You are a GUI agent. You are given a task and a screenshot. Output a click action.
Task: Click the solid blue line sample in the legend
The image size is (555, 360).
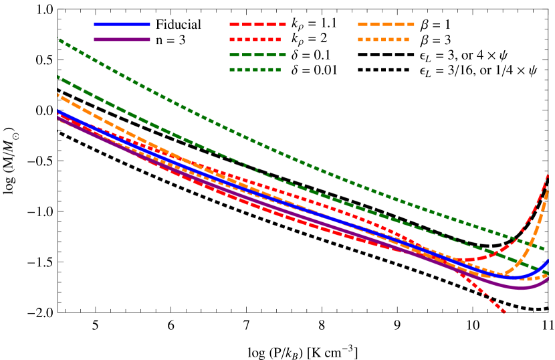point(122,24)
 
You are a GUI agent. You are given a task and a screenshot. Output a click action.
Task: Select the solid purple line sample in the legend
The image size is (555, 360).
point(122,39)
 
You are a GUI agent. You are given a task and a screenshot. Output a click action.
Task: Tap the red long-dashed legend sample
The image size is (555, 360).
point(257,24)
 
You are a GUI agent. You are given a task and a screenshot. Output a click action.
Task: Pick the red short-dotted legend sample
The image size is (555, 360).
point(255,39)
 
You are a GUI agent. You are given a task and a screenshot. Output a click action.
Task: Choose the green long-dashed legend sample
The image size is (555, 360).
point(257,55)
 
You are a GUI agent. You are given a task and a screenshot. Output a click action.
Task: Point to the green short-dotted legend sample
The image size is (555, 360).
point(255,70)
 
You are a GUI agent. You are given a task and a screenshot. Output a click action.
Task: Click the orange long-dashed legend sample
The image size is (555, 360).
point(386,24)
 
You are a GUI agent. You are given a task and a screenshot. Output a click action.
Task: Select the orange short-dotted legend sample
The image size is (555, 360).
point(383,39)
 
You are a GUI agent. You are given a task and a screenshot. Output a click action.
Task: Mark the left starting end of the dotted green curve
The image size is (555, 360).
point(58,39)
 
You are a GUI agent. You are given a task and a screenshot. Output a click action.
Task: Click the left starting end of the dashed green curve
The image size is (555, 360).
point(58,78)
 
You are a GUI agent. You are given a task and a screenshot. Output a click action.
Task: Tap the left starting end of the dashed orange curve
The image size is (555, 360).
point(58,95)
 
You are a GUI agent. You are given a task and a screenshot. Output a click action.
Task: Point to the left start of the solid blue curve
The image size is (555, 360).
point(58,112)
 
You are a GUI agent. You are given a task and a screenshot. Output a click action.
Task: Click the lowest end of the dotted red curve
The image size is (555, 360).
point(505,312)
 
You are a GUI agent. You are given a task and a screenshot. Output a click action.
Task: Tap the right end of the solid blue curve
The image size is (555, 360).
point(548,260)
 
